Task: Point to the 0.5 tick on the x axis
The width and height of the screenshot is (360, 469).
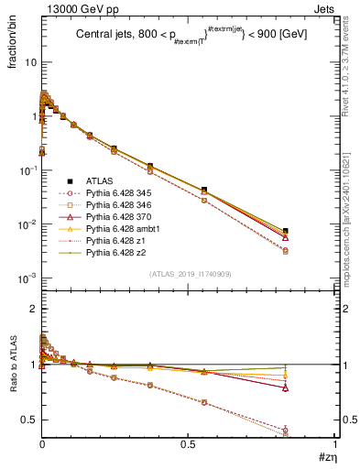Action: pyautogui.click(x=189, y=444)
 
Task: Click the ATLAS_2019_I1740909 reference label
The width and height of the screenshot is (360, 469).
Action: pyautogui.click(x=189, y=274)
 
